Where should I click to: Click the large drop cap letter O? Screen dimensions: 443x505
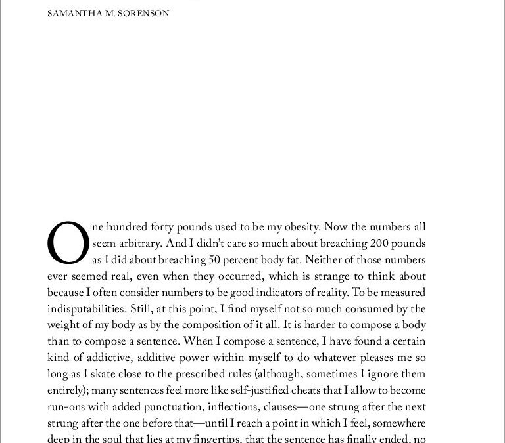click(x=68, y=243)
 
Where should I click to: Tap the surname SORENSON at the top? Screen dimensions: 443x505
click(x=144, y=13)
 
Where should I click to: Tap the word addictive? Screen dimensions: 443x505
click(x=103, y=358)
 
